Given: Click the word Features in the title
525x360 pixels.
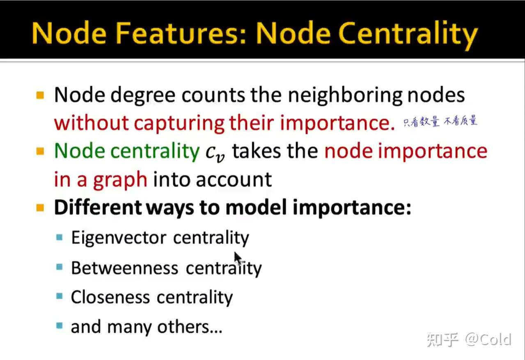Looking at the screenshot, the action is (181, 33).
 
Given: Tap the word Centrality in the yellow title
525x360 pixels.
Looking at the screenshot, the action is (408, 35).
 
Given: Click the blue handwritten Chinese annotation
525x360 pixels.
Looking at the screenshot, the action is (440, 121).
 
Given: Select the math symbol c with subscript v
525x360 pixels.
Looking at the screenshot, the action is (215, 154).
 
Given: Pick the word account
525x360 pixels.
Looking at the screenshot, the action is (234, 180).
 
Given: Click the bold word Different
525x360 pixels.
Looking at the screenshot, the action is (98, 207).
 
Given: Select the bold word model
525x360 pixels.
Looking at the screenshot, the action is (256, 207).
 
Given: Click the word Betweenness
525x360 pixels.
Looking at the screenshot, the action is (124, 268).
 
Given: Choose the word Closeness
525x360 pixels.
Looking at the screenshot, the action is (110, 298).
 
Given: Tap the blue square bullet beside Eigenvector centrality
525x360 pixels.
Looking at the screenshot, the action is (60, 237).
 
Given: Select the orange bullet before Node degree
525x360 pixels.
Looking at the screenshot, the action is (40, 95).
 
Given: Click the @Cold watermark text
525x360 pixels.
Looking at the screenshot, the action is (488, 339).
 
